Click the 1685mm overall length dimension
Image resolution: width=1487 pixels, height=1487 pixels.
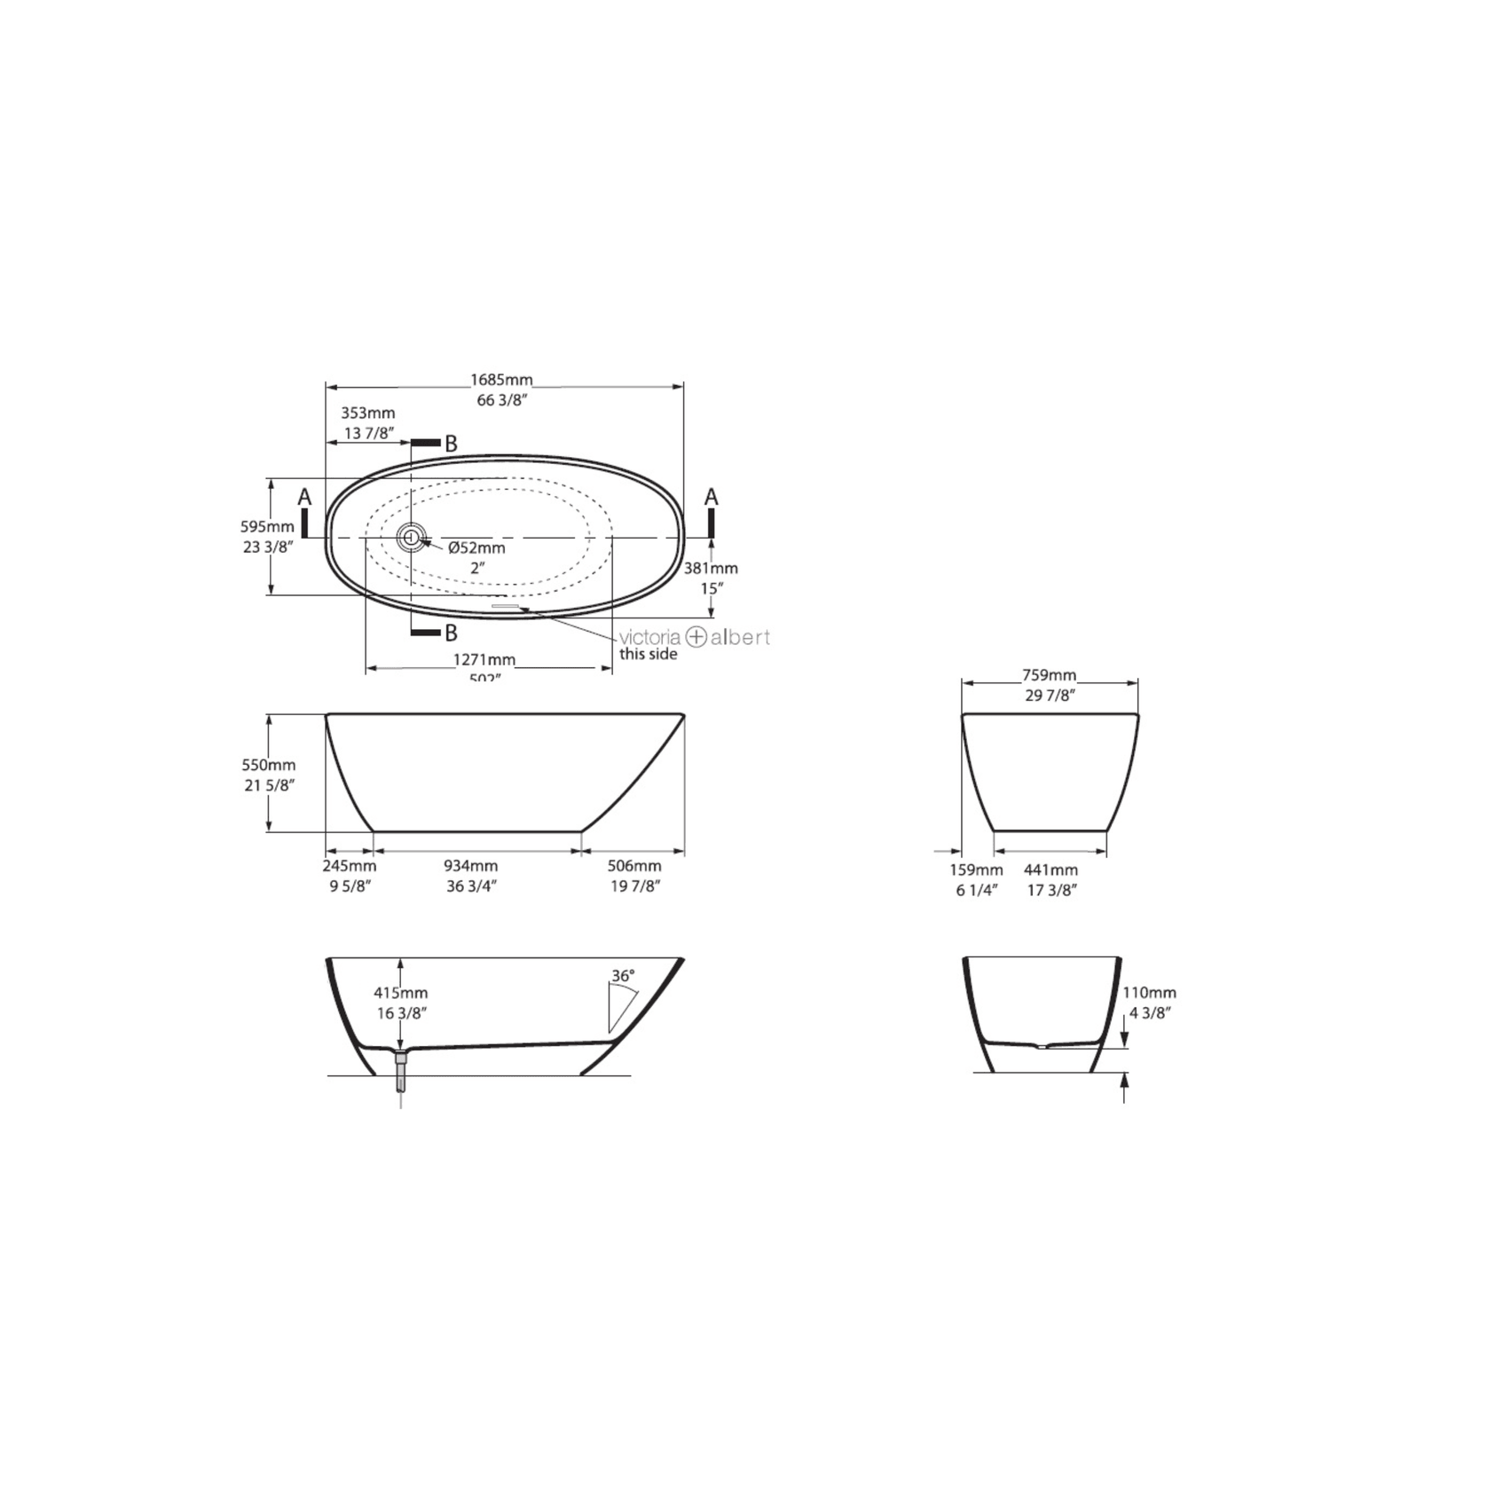coord(501,382)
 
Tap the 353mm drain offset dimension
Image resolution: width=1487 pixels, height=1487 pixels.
coord(368,413)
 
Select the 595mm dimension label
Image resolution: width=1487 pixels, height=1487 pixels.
coord(267,527)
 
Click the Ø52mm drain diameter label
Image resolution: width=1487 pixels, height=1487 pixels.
coord(476,548)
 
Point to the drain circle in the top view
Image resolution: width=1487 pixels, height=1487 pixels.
coord(411,536)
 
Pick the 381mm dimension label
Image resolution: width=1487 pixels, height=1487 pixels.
coord(711,569)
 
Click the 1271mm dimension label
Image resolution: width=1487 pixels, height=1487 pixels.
coord(484,660)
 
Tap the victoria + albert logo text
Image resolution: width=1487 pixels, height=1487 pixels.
coord(694,637)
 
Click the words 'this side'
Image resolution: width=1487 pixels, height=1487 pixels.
coord(648,655)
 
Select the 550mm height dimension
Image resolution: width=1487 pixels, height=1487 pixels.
coord(269,765)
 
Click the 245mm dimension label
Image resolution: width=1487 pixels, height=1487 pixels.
coord(349,866)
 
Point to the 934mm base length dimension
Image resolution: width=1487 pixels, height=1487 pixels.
coord(470,866)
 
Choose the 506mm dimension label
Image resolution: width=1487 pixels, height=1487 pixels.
coord(634,866)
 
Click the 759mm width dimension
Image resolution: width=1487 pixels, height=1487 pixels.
coord(1049,675)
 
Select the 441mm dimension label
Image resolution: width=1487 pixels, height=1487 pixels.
coord(1051,870)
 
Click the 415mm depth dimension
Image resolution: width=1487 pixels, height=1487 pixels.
coord(400,993)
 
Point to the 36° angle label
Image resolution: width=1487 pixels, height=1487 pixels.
coord(623,976)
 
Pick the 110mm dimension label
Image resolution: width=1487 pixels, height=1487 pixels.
coord(1150,993)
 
